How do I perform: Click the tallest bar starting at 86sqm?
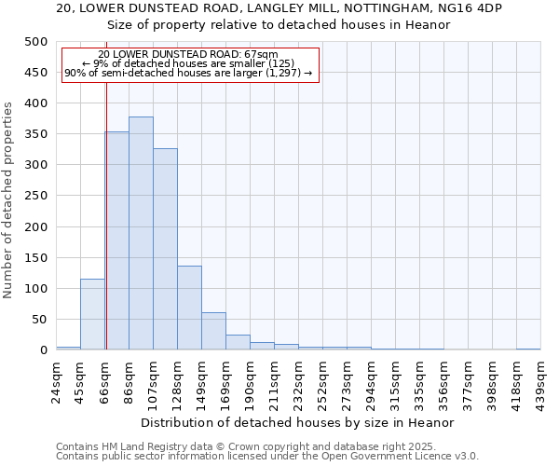[x=141, y=233]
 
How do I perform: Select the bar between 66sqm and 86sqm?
[x=116, y=240]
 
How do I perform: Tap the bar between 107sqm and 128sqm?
[x=165, y=249]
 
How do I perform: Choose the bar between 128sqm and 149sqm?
[x=189, y=308]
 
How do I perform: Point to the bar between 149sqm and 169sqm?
[x=213, y=331]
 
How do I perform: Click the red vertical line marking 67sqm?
[x=106, y=186]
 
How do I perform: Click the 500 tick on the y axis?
[x=35, y=42]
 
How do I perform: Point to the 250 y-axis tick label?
[x=35, y=196]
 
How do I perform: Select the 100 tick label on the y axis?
[x=35, y=289]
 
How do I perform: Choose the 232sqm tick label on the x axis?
[x=298, y=381]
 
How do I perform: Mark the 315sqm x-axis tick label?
[x=395, y=381]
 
